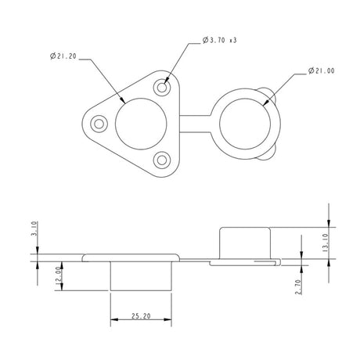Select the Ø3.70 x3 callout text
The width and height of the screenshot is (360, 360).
219,40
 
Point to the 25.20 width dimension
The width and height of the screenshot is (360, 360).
141,316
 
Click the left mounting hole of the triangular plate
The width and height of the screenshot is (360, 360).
99,123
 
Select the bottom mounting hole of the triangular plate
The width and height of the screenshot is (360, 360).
162,160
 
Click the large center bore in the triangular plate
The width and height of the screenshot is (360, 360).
141,123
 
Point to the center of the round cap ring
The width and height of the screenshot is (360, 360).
246,123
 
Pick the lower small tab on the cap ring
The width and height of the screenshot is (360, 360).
270,153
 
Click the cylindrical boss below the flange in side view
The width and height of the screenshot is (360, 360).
141,275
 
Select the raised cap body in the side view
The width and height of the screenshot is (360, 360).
245,242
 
